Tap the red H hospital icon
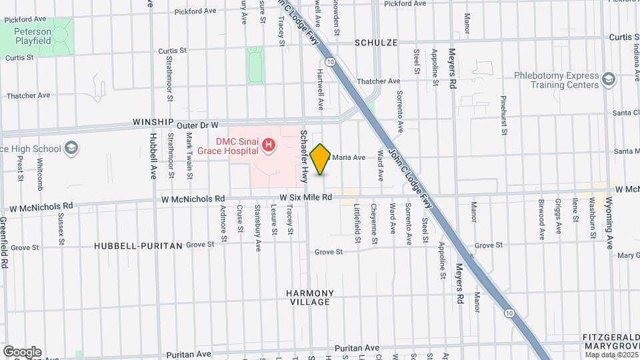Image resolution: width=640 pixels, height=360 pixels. (x=269, y=145)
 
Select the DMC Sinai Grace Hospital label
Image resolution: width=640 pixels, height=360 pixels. (x=227, y=145)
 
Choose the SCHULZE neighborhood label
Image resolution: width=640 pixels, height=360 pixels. (x=376, y=43)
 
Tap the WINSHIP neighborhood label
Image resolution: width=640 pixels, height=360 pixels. (x=153, y=123)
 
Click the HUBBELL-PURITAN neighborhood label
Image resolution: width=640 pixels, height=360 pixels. (x=138, y=245)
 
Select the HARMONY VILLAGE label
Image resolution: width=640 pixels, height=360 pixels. (x=310, y=297)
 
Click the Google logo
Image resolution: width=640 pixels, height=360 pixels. (x=22, y=351)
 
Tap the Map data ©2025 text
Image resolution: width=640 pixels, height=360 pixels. (x=611, y=354)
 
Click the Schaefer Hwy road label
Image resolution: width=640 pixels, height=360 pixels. (x=304, y=156)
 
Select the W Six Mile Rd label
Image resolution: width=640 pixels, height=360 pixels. (x=305, y=197)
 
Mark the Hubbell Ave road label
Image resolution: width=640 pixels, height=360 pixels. (x=153, y=156)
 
